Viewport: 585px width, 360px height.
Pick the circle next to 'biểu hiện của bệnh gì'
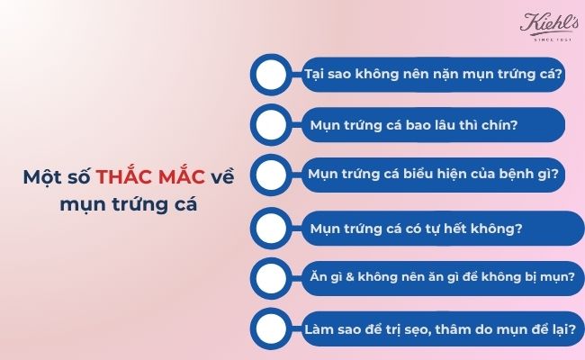tap(272, 174)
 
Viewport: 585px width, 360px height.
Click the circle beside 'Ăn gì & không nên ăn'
tap(272, 277)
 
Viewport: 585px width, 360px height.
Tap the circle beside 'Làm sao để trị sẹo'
tap(272, 328)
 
